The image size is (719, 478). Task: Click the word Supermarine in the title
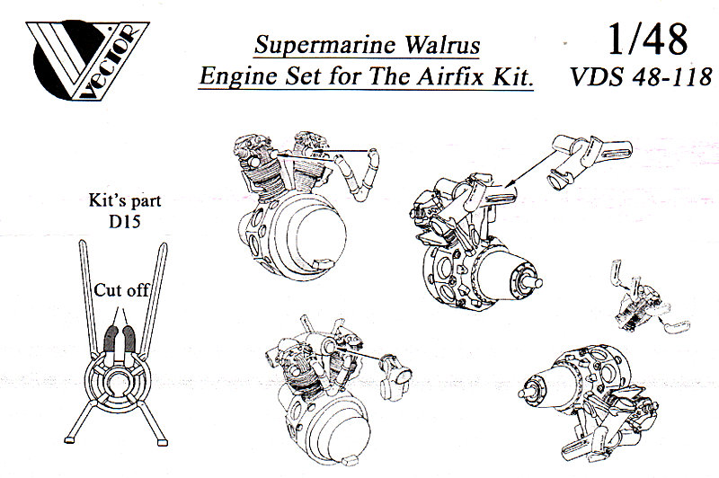312,44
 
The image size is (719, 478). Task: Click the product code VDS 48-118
639,78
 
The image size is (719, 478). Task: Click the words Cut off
124,290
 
